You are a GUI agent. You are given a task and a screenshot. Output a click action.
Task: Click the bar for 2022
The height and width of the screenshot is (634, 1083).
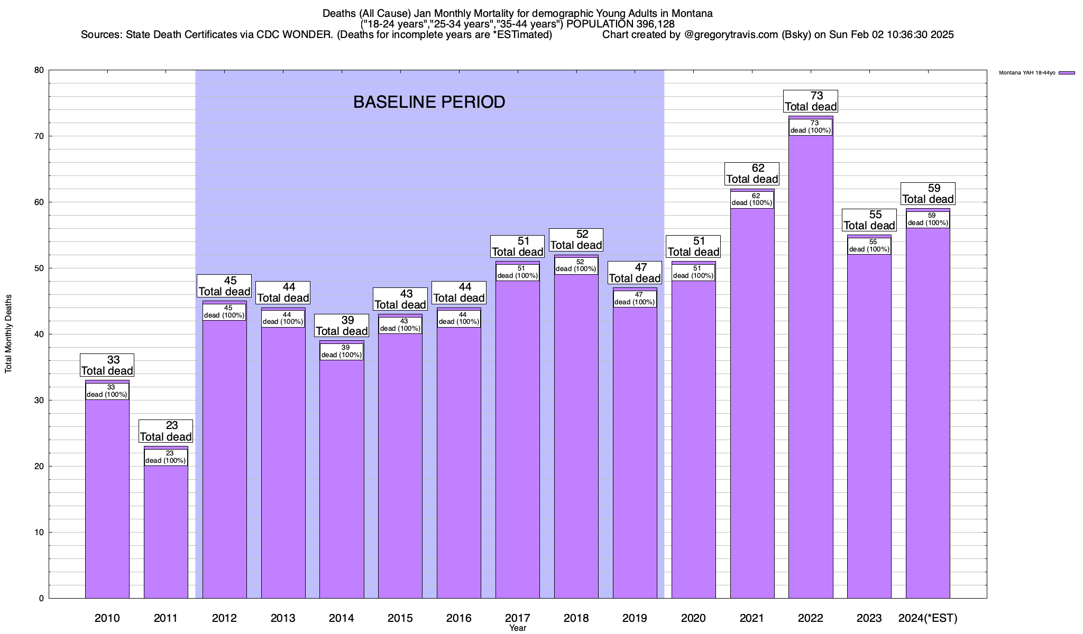click(811, 370)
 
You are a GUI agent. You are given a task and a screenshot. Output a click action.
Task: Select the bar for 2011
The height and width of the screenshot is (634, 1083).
click(166, 528)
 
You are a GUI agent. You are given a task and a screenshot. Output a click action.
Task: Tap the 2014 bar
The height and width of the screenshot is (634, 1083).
click(342, 475)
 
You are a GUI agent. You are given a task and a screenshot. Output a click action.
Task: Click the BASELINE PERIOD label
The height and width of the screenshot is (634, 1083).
click(429, 102)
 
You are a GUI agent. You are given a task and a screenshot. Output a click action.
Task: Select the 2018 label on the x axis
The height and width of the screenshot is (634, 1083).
click(576, 618)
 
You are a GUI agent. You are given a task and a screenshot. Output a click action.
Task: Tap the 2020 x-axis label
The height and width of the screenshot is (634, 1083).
click(693, 618)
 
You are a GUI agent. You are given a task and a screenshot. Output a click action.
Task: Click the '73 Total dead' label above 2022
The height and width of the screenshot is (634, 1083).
click(811, 101)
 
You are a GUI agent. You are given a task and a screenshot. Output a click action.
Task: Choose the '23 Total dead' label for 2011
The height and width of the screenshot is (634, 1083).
click(166, 431)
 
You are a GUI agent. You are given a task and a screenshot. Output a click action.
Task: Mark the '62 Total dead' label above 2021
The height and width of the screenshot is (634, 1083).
click(752, 173)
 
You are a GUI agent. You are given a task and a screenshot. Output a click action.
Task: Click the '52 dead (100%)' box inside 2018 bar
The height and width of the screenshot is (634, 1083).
click(576, 265)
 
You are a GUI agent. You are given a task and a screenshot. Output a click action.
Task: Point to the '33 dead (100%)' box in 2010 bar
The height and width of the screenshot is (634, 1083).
click(107, 391)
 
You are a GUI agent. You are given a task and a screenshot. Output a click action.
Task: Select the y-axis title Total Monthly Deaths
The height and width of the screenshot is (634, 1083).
click(8, 333)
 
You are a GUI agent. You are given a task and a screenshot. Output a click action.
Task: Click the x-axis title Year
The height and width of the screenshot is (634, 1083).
click(518, 628)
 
